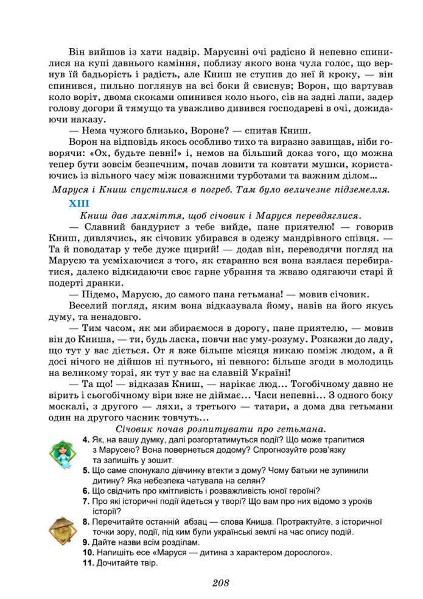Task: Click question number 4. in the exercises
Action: pyautogui.click(x=85, y=439)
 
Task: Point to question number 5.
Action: pyautogui.click(x=85, y=470)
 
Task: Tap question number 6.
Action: pyautogui.click(x=85, y=491)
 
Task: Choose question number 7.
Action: pyautogui.click(x=85, y=501)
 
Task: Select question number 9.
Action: pyautogui.click(x=85, y=542)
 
